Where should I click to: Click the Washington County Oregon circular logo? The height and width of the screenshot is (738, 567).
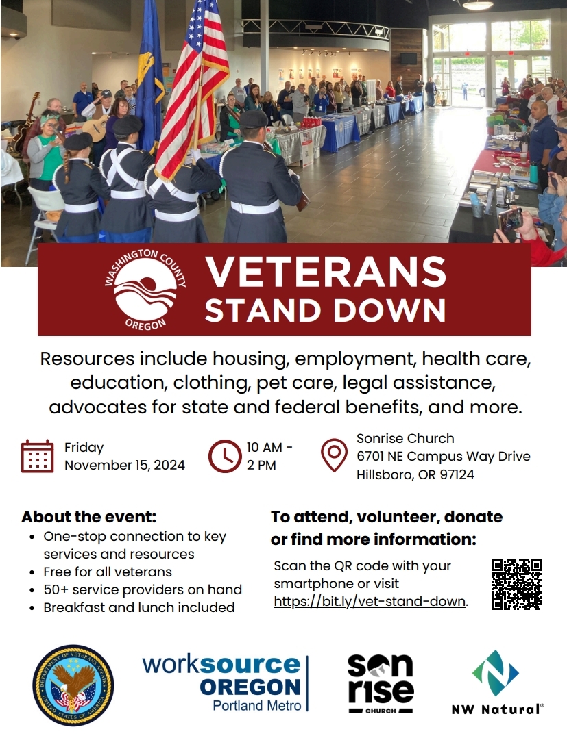coord(145,290)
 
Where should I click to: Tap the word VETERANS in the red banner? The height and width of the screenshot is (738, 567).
coord(326,272)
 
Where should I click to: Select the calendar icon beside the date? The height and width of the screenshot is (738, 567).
coord(37,456)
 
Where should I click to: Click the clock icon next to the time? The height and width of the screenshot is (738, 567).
coord(225,456)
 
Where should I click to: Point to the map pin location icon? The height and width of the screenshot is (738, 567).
coord(335,455)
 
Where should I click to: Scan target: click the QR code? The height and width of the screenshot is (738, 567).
coord(516,584)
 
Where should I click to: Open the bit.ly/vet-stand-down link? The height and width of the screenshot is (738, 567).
coord(370,602)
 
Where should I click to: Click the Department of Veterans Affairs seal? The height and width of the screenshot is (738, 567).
coord(73,685)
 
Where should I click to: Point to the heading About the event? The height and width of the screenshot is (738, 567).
coord(89,516)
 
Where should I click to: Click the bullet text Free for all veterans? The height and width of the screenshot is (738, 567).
coord(108,572)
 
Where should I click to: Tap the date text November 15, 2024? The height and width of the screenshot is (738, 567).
coord(125,465)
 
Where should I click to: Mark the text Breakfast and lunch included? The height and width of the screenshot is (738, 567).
coord(139,607)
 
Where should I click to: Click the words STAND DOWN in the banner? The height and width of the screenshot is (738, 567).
coord(326,310)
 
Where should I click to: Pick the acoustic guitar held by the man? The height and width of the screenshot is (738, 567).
coord(96,126)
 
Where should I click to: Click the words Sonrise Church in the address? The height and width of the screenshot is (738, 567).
coord(405,438)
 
